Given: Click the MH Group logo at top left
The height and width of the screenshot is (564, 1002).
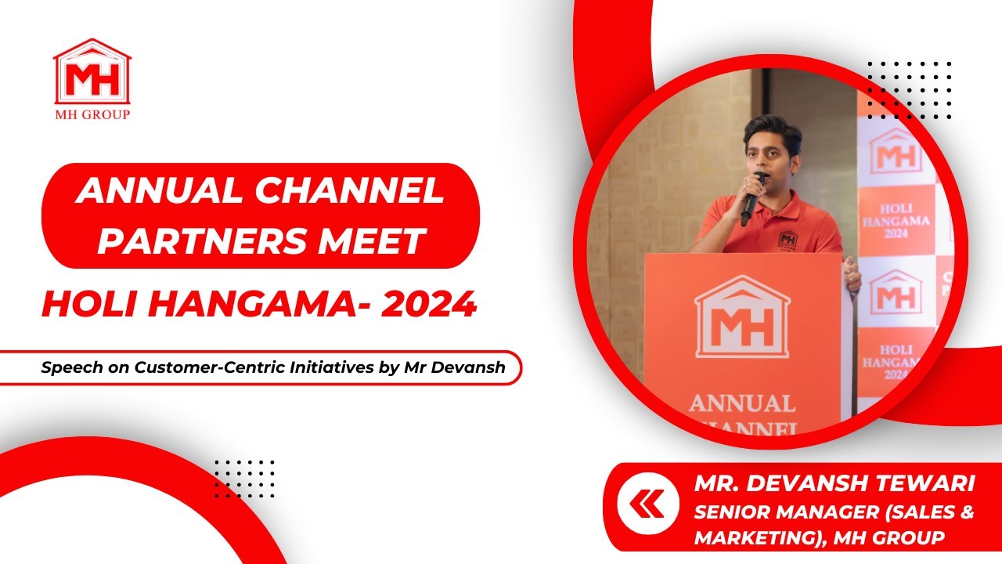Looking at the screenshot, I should pyautogui.click(x=92, y=73).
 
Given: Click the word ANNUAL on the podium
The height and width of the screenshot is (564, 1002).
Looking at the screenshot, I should pyautogui.click(x=741, y=403).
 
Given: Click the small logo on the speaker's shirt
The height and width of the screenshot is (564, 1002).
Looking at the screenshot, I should pyautogui.click(x=788, y=239).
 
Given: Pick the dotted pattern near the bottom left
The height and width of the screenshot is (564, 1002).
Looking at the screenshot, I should pyautogui.click(x=243, y=479).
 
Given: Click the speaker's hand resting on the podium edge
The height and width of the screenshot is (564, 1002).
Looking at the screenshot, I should pyautogui.click(x=852, y=279).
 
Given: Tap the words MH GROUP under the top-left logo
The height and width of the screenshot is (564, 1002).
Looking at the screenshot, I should pyautogui.click(x=92, y=114).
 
